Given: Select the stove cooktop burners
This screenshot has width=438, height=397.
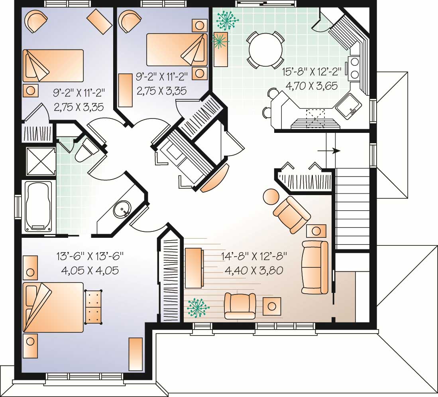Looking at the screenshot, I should click(x=354, y=68).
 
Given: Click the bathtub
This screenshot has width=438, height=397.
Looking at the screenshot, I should click(x=39, y=206).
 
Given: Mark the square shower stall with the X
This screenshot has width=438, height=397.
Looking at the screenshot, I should click(x=40, y=161).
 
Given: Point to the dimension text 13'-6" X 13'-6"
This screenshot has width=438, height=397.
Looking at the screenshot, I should click(x=90, y=255).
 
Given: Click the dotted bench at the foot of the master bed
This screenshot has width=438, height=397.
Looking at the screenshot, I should click(x=94, y=307).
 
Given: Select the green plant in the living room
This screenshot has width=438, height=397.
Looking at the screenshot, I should click(x=198, y=307).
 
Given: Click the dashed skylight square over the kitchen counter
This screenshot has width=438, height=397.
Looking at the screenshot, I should click(x=315, y=118).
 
